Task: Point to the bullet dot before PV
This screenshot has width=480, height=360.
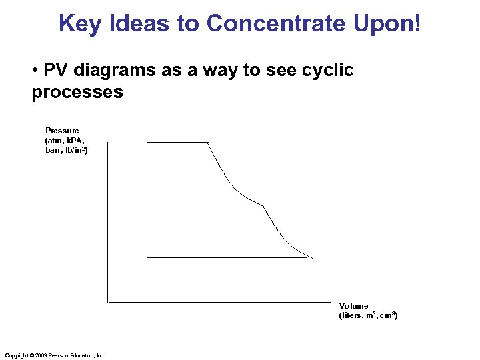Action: point(35,71)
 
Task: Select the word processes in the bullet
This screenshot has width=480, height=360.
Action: point(77,92)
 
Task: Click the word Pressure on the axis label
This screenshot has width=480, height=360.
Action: point(62,131)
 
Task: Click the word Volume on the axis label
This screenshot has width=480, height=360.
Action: point(353,306)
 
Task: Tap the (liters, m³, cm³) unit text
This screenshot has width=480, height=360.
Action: point(368,315)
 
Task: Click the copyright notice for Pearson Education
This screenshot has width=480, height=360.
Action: point(55,355)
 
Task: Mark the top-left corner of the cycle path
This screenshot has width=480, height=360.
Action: point(147,143)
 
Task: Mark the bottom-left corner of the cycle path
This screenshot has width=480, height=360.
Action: point(147,257)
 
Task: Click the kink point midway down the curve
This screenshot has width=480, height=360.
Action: point(264,207)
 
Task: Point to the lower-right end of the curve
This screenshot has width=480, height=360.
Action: point(313,257)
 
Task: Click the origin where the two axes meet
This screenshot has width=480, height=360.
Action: point(108,302)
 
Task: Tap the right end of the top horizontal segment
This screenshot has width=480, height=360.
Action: point(209,143)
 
